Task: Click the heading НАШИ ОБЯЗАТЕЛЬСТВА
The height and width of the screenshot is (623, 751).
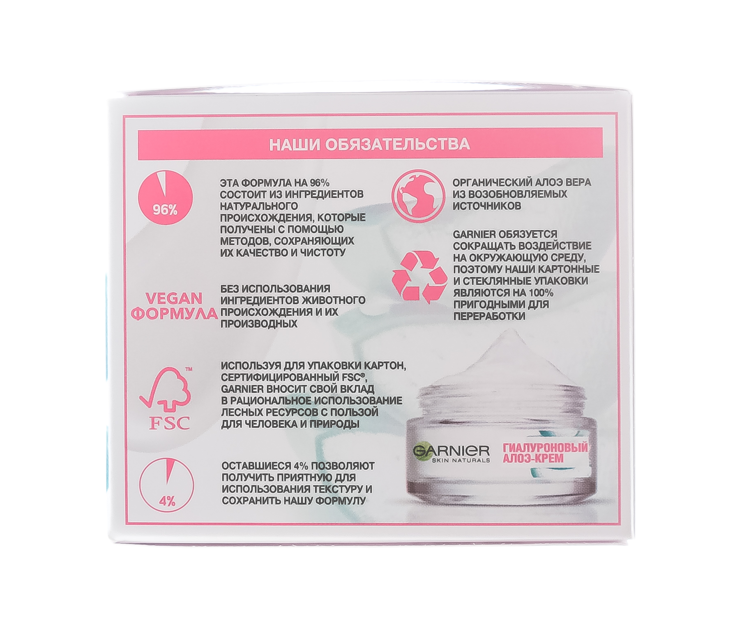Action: pyautogui.click(x=369, y=144)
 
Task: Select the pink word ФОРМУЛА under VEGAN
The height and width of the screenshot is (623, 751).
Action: pyautogui.click(x=176, y=314)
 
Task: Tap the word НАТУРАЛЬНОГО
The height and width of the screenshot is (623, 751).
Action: pyautogui.click(x=259, y=205)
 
